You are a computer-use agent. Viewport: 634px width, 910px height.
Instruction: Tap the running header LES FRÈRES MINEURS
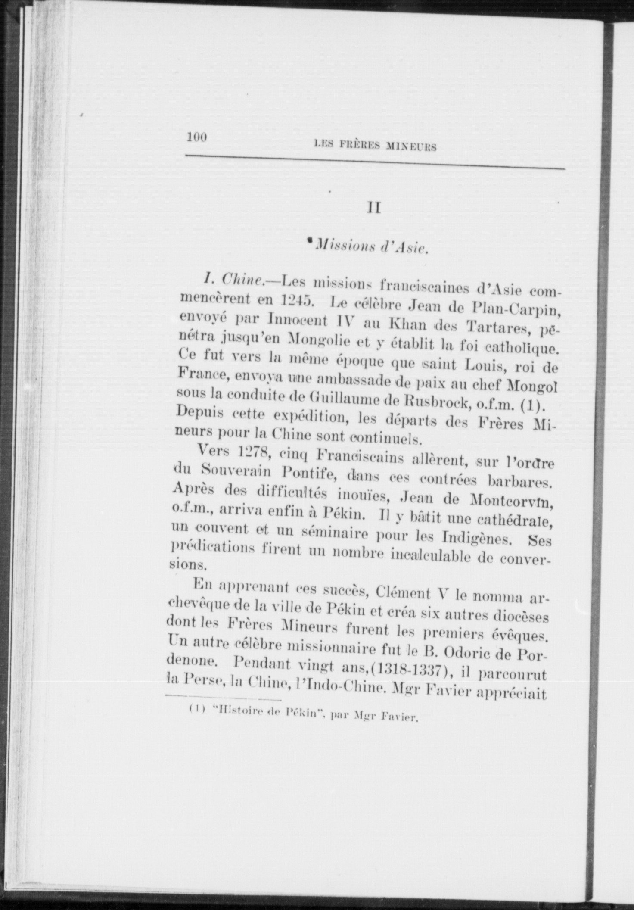point(376,146)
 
